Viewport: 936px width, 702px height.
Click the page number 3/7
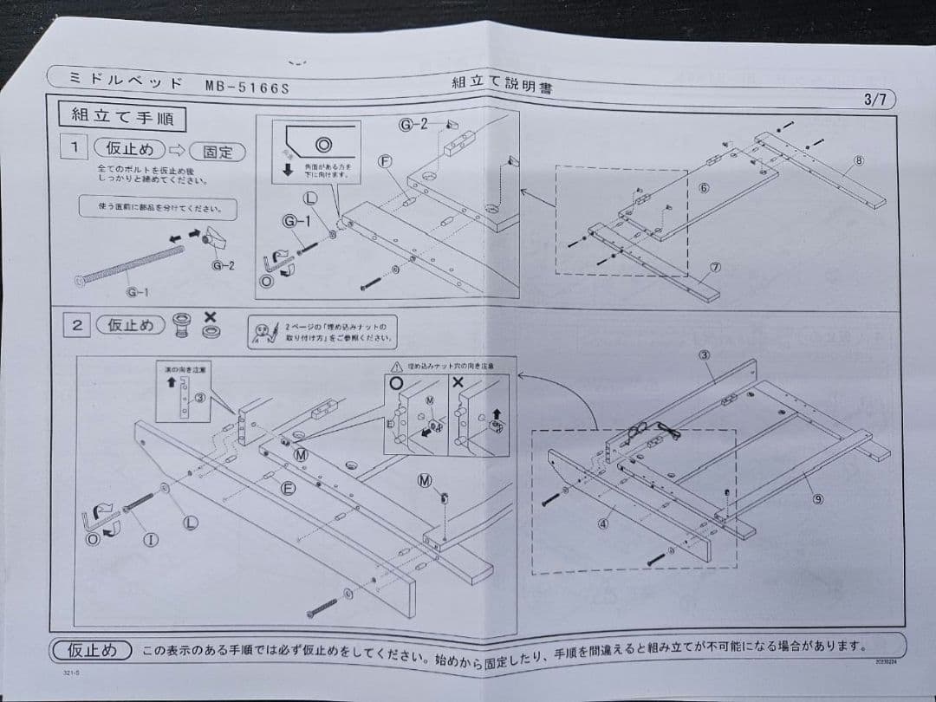[874, 99]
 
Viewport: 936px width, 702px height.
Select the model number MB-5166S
[247, 86]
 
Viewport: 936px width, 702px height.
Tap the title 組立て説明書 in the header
[503, 84]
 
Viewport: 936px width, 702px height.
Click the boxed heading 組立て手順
[121, 115]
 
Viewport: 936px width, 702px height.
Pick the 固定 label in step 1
[218, 152]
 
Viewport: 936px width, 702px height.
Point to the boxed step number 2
[77, 325]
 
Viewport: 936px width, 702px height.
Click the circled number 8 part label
[858, 160]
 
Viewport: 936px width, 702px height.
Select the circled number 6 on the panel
[704, 187]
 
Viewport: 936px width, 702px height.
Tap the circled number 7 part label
[715, 268]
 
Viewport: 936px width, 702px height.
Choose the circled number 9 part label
[817, 499]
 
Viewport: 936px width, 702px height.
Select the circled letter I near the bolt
[150, 540]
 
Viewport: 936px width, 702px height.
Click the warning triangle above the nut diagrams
[397, 367]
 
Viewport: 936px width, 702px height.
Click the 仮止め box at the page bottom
[92, 650]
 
